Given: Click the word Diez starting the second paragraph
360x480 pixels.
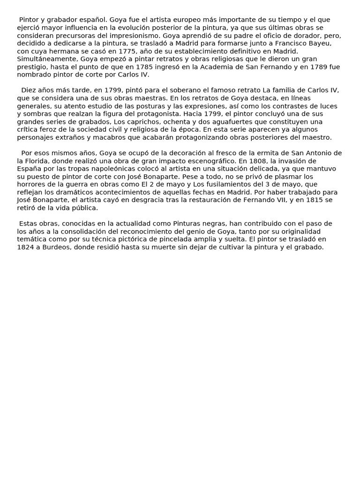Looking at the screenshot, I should coord(29,90).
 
